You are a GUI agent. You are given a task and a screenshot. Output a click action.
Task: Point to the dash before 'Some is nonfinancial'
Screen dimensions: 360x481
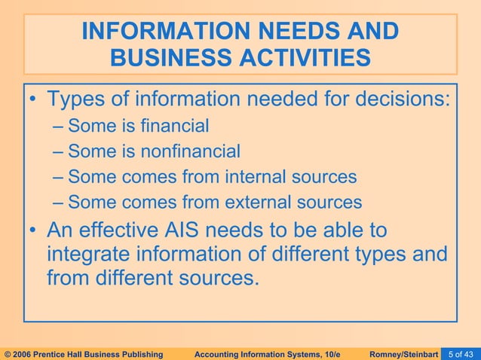60,152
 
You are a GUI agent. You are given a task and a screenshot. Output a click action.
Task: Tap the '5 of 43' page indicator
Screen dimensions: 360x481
461,352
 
